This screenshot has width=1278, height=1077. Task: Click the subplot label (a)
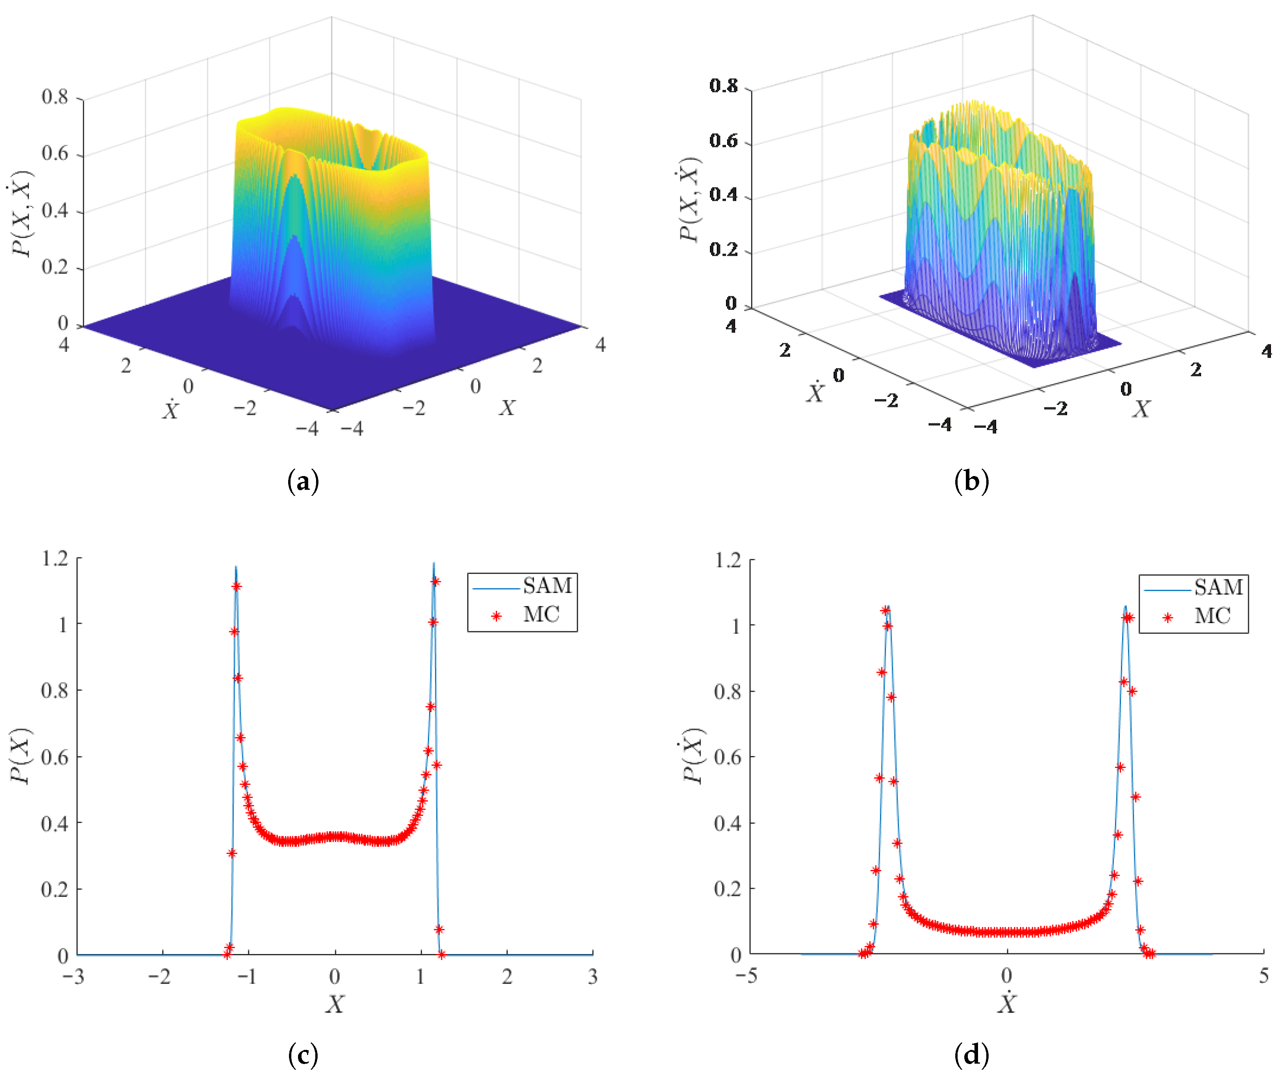click(x=303, y=482)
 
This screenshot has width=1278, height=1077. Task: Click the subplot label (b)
click(x=971, y=482)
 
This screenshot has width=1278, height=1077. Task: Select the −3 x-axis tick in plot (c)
click(x=73, y=977)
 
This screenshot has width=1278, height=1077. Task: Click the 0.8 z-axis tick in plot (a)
click(x=55, y=97)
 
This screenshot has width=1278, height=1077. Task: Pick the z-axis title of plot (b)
click(x=690, y=199)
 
